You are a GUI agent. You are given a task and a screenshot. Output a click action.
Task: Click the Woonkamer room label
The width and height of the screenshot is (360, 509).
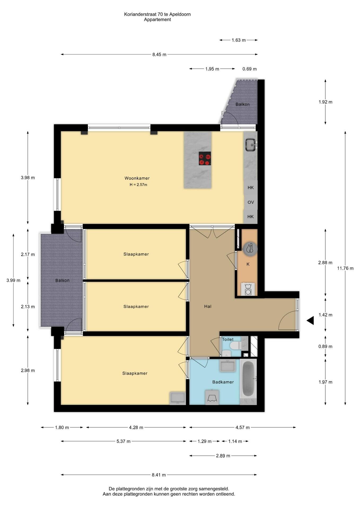137,178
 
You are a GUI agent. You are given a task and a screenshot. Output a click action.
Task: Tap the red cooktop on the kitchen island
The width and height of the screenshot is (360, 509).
205,158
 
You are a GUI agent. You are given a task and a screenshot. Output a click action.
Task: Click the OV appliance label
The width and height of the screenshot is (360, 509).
251,202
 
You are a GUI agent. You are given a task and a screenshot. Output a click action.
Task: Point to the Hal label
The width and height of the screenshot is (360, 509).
208,306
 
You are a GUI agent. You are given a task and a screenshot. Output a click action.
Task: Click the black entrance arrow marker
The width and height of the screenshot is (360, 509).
310,321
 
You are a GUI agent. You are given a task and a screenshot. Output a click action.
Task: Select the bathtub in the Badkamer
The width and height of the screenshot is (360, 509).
249,380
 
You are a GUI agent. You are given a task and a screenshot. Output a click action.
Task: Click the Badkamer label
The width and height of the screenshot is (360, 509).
223,382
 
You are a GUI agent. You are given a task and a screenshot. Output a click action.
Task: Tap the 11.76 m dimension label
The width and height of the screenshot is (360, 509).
345,268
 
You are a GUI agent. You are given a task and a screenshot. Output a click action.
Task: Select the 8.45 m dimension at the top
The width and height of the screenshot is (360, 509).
159,55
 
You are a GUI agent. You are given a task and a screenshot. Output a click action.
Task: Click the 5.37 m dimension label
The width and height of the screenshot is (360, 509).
124,441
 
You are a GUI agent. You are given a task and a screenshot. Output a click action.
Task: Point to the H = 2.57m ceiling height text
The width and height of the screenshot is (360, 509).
138,185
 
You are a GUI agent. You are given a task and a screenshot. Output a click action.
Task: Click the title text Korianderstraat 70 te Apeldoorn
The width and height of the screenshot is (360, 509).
157,14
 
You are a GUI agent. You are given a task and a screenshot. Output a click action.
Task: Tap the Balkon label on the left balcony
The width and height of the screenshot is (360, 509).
63,280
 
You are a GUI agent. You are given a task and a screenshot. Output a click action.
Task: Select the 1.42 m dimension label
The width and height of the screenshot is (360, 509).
325,315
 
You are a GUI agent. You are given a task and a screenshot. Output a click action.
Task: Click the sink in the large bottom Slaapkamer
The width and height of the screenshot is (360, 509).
178,398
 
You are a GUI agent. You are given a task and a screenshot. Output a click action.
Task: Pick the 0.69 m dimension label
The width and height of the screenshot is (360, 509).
250,69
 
